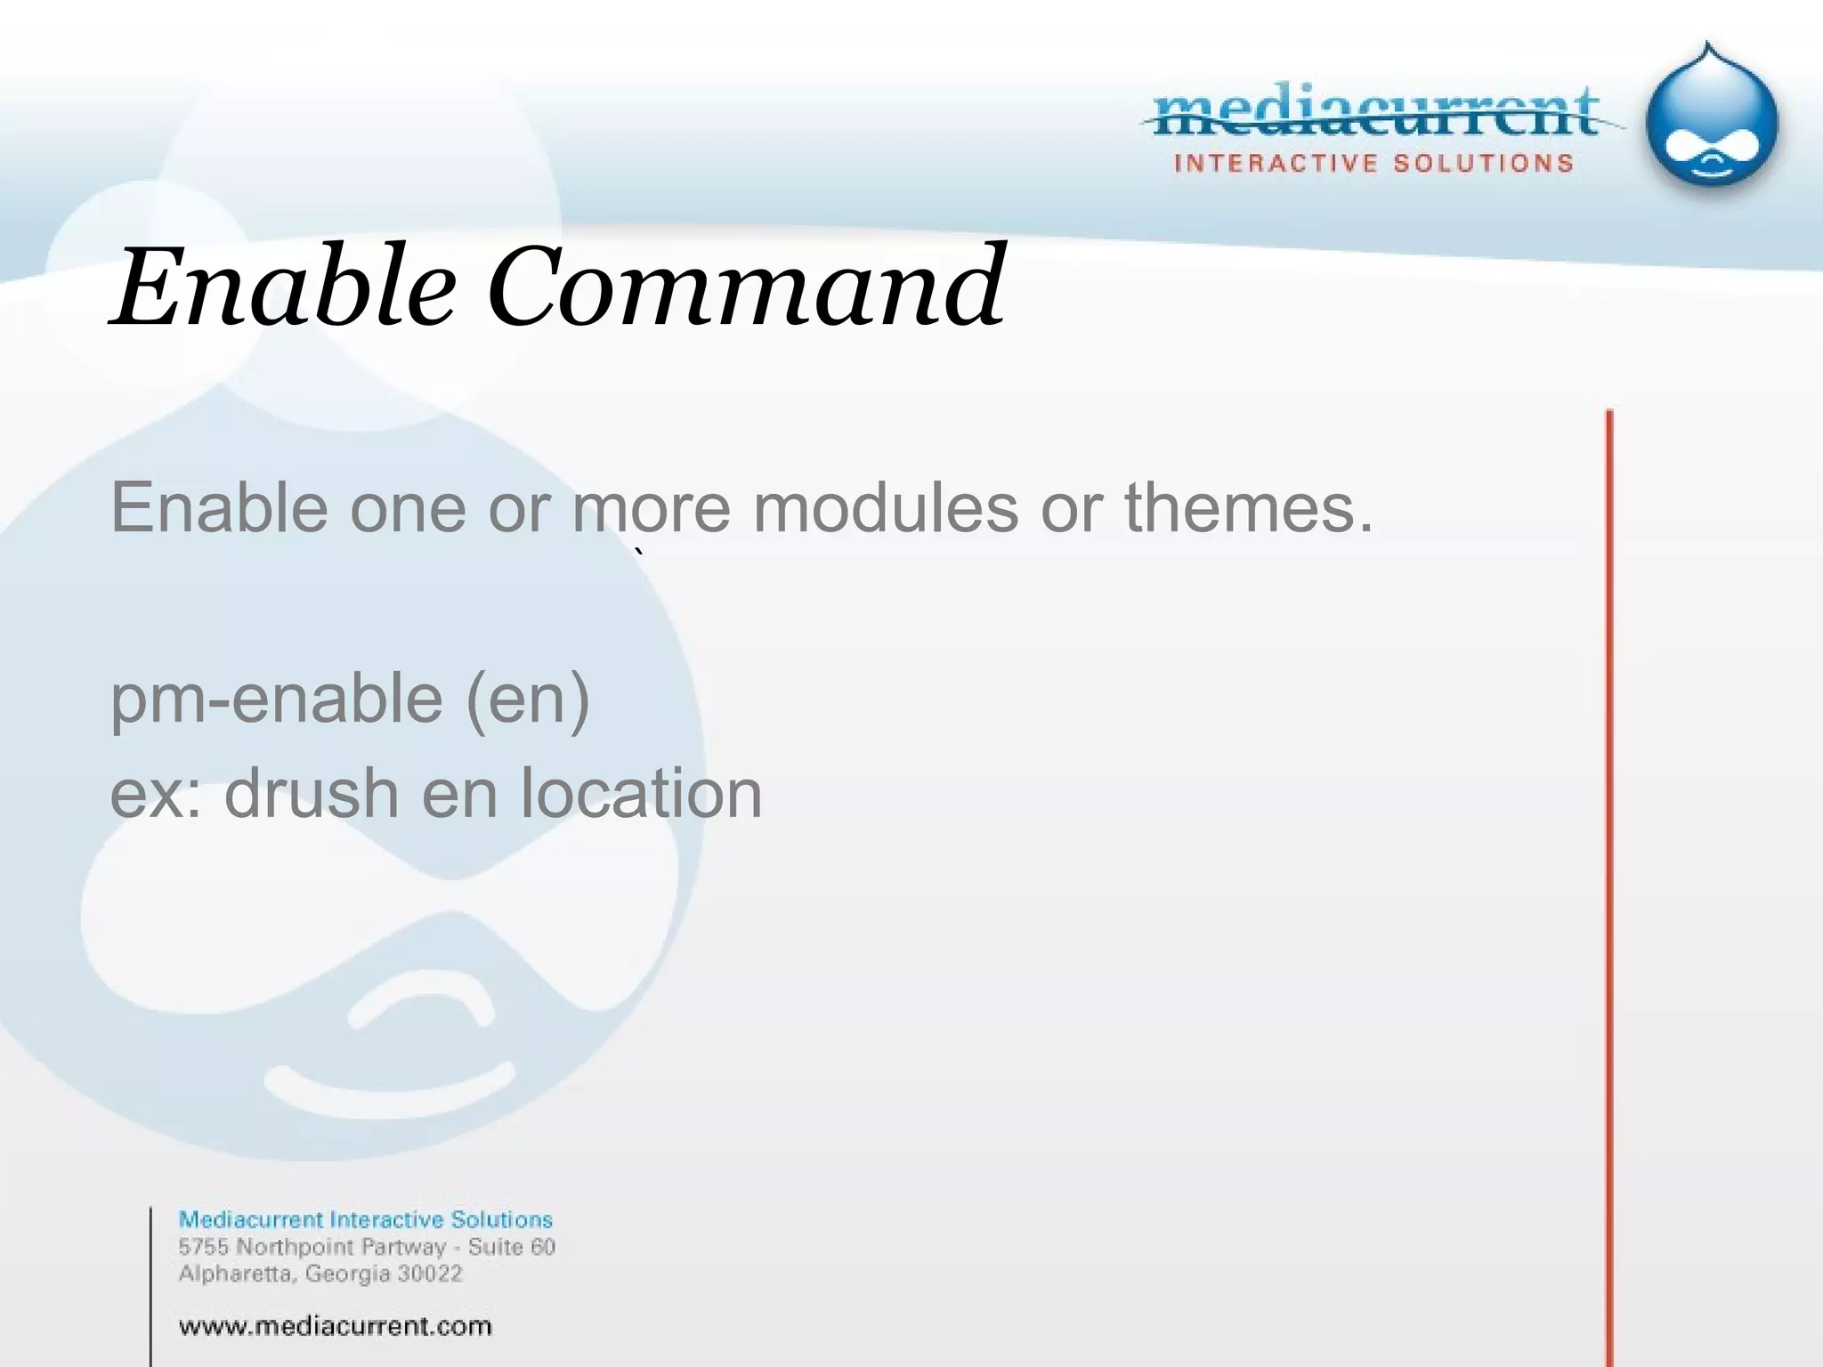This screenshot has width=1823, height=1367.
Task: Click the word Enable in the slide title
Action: coord(283,287)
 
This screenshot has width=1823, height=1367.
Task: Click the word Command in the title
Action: coord(746,287)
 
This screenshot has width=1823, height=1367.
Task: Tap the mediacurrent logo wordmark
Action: coord(1376,114)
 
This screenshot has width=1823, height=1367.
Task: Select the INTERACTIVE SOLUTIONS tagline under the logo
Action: coord(1374,164)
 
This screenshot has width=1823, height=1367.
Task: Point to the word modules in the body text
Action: coord(886,508)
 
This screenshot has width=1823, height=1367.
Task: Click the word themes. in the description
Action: coord(1248,508)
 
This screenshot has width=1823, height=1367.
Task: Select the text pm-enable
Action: coord(276,700)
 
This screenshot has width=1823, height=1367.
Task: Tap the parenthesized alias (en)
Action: coord(527,700)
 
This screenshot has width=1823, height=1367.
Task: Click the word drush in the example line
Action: coord(312,793)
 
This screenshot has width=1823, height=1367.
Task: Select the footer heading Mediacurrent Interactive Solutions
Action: coord(365,1219)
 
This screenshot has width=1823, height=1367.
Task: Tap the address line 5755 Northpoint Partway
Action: coord(312,1247)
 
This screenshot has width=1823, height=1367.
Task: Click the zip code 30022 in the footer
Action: coord(430,1274)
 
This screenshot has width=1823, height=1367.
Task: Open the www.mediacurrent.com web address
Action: coord(335,1327)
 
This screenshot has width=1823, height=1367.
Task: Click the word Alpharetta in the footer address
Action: coord(236,1274)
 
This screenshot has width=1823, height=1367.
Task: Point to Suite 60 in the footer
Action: coord(512,1247)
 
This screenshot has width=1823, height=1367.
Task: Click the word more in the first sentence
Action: coord(652,508)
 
